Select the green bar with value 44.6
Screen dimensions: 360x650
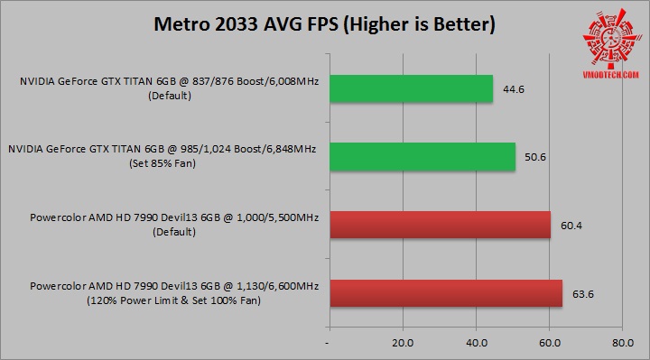pyautogui.click(x=411, y=88)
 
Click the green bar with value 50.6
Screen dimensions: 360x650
pyautogui.click(x=422, y=156)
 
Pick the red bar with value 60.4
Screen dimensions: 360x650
pyautogui.click(x=440, y=225)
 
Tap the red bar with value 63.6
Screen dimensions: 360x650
pyautogui.click(x=446, y=292)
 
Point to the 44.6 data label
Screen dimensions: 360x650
pyautogui.click(x=510, y=89)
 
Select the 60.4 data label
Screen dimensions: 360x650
pyautogui.click(x=568, y=225)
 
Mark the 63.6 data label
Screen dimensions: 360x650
pyautogui.click(x=580, y=292)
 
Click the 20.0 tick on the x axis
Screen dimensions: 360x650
pyautogui.click(x=402, y=343)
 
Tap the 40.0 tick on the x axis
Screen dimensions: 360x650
pyautogui.click(x=476, y=343)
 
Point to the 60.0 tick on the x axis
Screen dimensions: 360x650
pyautogui.click(x=550, y=343)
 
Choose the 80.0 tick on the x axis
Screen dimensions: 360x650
pyautogui.click(x=622, y=343)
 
